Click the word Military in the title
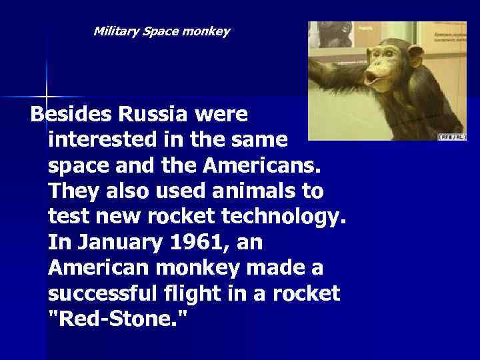click(116, 31)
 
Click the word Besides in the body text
click(72, 115)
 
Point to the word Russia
click(153, 115)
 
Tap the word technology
click(291, 217)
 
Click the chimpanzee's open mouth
click(372, 77)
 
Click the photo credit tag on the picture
click(451, 137)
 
